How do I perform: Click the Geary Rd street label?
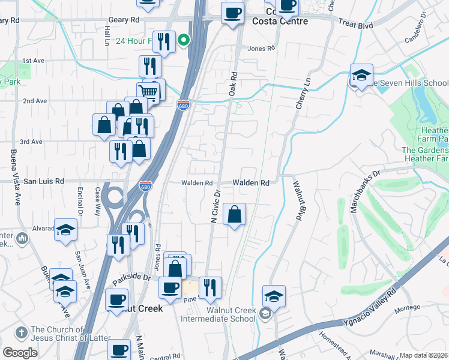(124, 20)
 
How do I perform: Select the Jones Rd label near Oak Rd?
(261, 49)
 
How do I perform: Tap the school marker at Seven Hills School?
(361, 76)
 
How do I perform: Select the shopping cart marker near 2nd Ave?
(148, 92)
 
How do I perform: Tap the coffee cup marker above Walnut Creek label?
(117, 299)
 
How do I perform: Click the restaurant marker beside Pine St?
(209, 287)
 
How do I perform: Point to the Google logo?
(20, 353)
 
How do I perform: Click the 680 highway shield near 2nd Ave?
(184, 104)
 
